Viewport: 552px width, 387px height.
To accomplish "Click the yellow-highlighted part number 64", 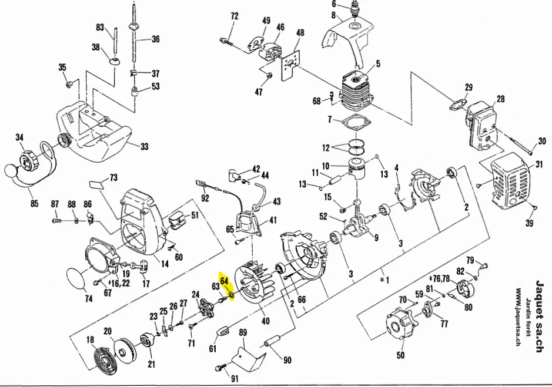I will pos(224,281).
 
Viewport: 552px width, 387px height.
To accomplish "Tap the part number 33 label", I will pos(145,147).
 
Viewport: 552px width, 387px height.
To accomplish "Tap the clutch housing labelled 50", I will pos(400,329).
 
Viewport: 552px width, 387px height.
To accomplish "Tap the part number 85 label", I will pos(34,204).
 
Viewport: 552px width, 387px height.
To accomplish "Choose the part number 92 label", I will pos(205,198).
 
